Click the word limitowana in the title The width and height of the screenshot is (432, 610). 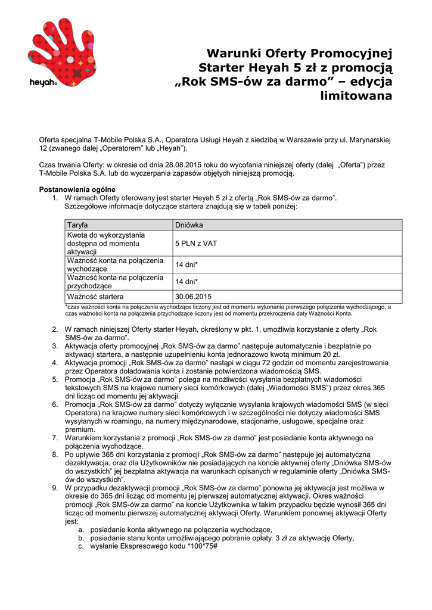click(356, 95)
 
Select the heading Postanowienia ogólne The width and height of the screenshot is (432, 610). click(77, 189)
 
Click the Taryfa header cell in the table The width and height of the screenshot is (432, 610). click(78, 225)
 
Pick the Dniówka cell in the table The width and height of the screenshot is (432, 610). click(189, 225)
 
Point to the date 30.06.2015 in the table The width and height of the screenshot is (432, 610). click(193, 296)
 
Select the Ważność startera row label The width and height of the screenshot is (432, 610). click(95, 296)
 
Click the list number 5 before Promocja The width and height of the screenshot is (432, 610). click(55, 379)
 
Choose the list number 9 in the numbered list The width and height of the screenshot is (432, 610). click(55, 487)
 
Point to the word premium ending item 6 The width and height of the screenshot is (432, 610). click(80, 429)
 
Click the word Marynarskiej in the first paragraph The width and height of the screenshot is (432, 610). click(368, 139)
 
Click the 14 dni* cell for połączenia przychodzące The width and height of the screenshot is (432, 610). click(187, 282)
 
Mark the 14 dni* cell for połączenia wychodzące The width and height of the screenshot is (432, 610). click(187, 264)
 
